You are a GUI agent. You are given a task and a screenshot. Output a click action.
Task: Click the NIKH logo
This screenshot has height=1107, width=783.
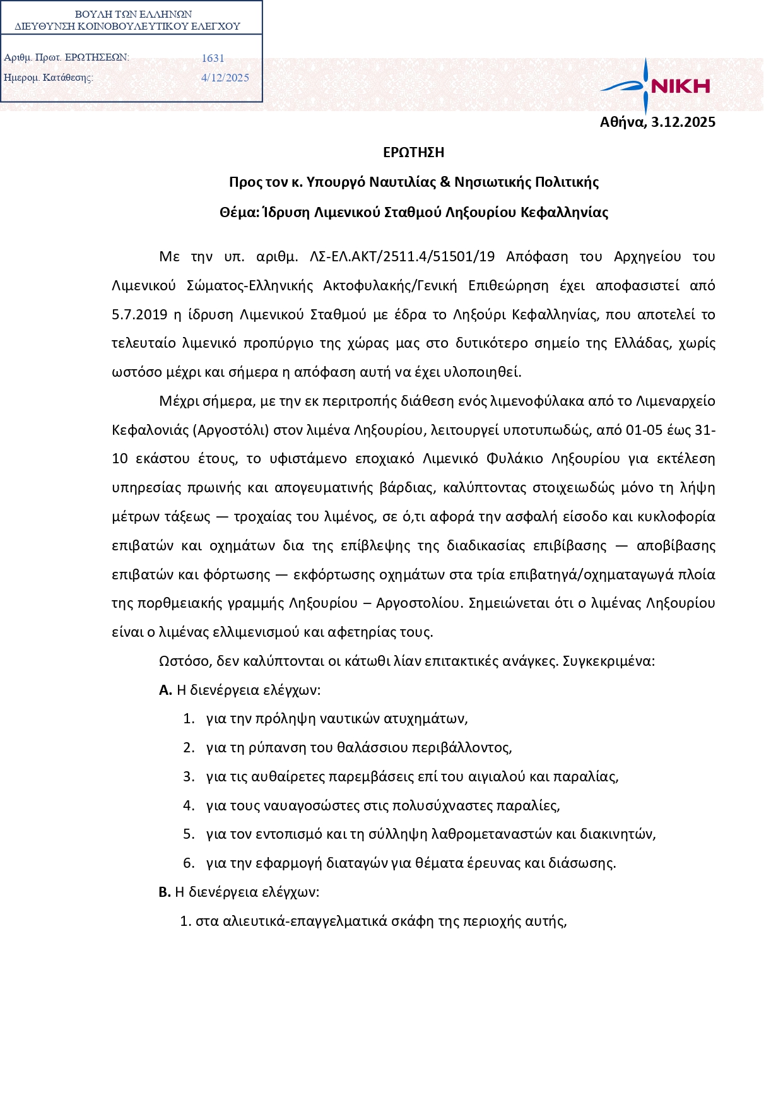tap(656, 86)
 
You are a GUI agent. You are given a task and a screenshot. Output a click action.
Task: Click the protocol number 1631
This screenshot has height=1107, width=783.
tap(213, 58)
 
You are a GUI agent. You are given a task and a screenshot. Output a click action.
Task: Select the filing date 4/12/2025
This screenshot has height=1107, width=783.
tap(225, 78)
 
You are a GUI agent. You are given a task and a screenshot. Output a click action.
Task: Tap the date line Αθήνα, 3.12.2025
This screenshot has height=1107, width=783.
tap(657, 122)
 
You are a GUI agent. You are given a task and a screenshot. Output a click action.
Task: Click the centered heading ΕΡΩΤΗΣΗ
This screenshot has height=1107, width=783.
tap(414, 152)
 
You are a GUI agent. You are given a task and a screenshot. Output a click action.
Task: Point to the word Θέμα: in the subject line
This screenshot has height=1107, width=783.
tap(239, 213)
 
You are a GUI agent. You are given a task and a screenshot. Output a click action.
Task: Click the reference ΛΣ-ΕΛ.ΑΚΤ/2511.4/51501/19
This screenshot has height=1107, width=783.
tap(403, 256)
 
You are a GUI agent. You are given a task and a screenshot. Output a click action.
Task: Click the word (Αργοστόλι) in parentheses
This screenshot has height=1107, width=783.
tap(233, 430)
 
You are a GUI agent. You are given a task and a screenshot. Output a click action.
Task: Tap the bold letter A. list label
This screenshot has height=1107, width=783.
tap(165, 690)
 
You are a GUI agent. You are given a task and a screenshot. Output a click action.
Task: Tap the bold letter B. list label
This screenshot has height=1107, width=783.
tap(165, 892)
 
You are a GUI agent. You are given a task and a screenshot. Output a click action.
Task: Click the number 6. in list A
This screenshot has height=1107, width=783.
tap(189, 863)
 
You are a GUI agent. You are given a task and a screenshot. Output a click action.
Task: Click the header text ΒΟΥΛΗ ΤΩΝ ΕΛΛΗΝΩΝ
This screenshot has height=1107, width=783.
tap(133, 14)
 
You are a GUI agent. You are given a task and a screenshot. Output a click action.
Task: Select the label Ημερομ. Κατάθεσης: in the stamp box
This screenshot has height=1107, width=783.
tap(49, 78)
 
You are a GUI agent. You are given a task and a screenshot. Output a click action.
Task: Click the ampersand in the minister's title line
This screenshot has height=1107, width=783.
tap(445, 182)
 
